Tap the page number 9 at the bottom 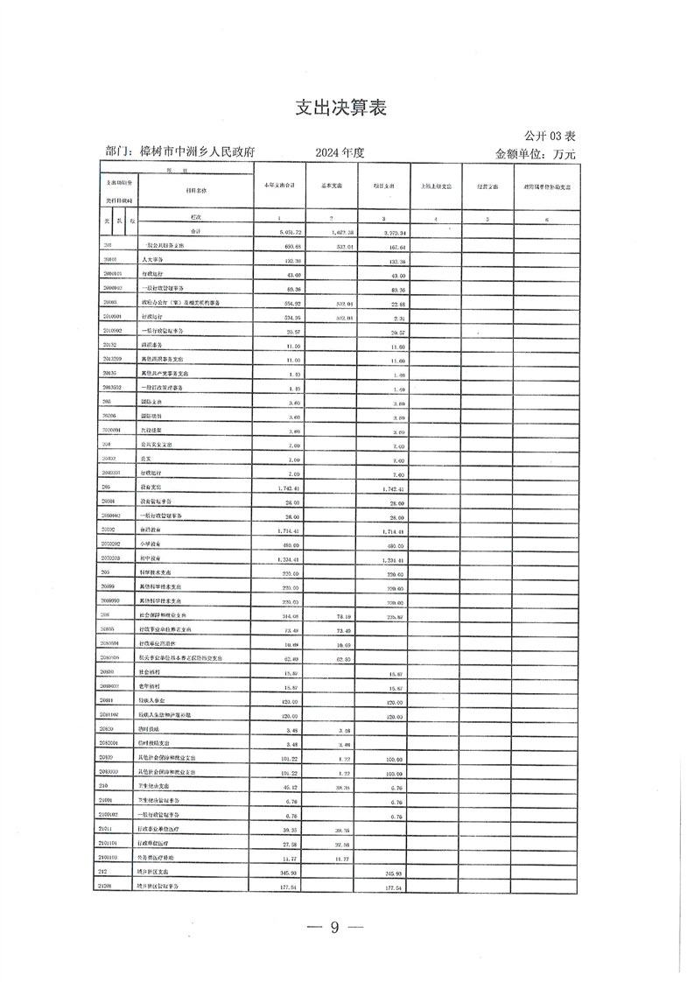333,929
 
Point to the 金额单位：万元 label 536,153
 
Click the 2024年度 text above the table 340,152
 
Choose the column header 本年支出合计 279,186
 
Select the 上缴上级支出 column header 436,186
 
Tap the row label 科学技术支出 158,572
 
